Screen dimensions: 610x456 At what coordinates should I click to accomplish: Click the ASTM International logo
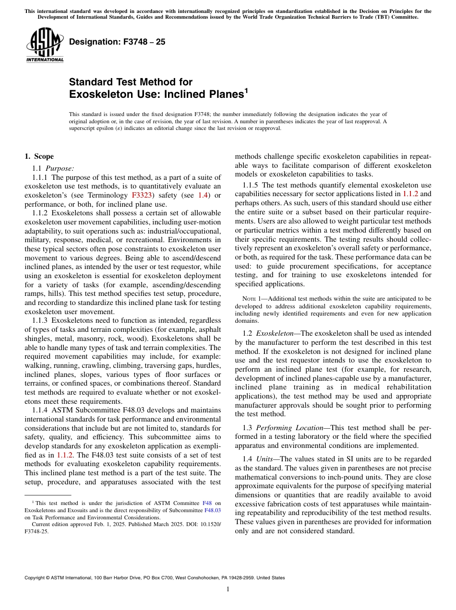click(44, 46)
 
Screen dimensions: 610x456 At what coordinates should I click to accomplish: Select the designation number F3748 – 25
click(117, 42)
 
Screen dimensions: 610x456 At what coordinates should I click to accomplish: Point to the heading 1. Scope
click(39, 156)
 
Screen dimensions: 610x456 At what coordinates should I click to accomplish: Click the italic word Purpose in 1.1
click(60, 168)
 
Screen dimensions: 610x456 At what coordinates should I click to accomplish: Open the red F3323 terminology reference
click(142, 195)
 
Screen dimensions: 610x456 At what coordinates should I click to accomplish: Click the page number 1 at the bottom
click(228, 589)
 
